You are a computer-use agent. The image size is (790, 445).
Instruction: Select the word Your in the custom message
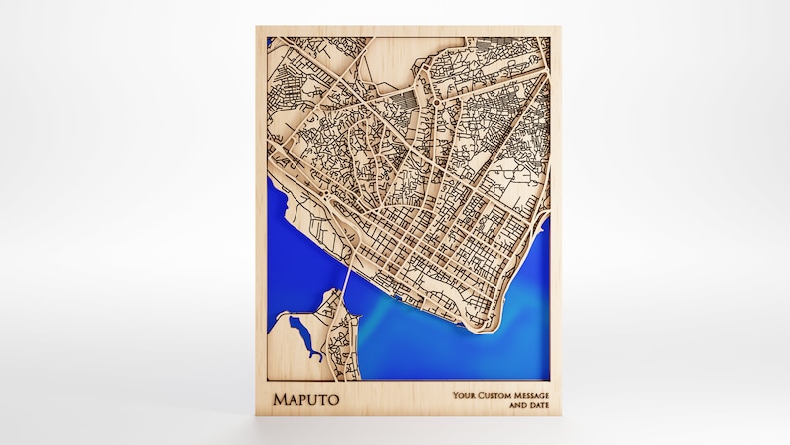point(463,395)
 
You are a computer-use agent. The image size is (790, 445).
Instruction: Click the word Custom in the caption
point(494,395)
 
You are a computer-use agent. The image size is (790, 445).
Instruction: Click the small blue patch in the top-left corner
point(270,42)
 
